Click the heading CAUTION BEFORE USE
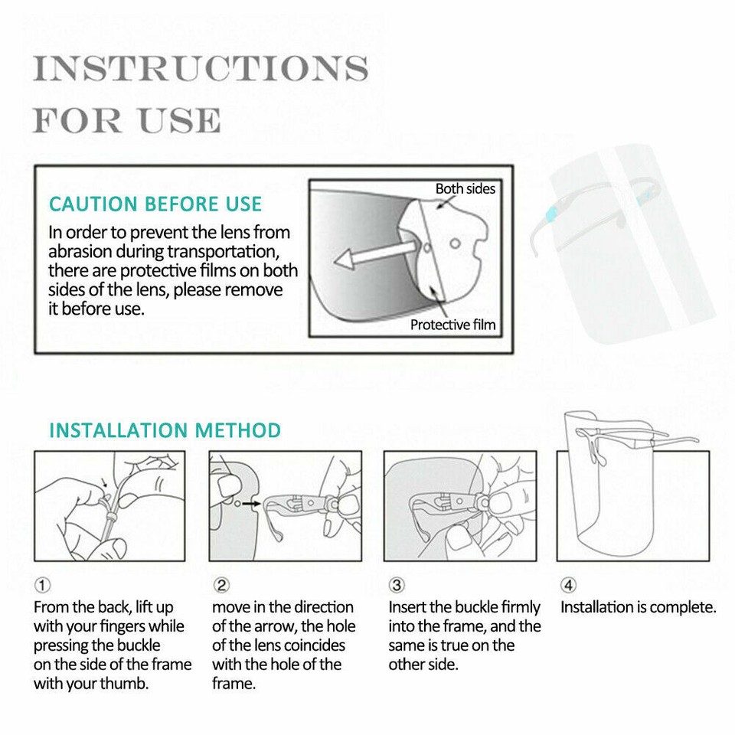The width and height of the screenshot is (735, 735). (x=155, y=204)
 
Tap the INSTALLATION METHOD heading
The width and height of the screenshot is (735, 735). (x=165, y=430)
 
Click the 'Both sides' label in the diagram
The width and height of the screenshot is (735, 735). (x=465, y=188)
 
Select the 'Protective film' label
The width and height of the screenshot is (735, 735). (x=452, y=325)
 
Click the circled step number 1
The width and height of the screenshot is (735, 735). (x=43, y=585)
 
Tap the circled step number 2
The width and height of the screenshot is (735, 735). (x=221, y=585)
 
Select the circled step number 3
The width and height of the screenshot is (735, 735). (x=397, y=585)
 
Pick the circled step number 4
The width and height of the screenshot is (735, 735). (x=568, y=585)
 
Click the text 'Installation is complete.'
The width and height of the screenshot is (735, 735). (x=638, y=607)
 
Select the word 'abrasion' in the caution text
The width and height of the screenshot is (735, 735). (x=80, y=252)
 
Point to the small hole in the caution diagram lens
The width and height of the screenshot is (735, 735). (x=455, y=243)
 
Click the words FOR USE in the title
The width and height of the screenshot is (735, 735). (x=127, y=120)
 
